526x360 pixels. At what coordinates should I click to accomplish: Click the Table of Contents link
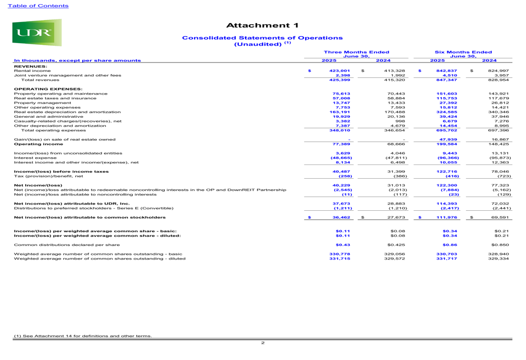click(x=35, y=6)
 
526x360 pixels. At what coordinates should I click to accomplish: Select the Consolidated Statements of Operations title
click(x=261, y=38)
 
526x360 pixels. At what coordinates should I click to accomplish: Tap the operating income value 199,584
click(x=448, y=143)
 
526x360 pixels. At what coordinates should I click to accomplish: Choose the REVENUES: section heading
click(x=31, y=66)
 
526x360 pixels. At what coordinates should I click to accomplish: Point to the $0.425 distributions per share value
click(x=396, y=244)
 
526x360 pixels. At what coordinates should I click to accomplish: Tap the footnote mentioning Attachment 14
click(x=83, y=336)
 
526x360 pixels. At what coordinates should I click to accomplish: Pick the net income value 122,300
click(x=448, y=185)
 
